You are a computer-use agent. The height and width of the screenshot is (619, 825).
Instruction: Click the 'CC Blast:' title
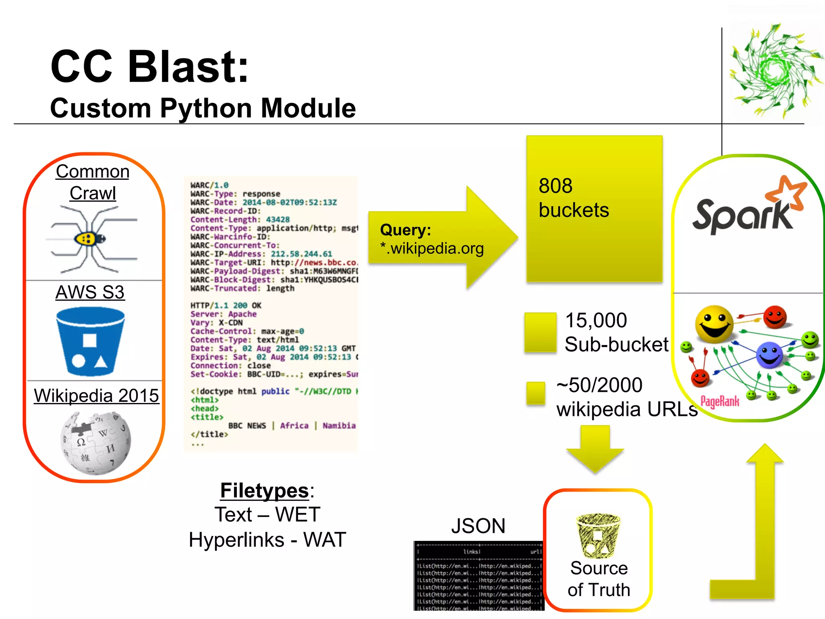(x=149, y=66)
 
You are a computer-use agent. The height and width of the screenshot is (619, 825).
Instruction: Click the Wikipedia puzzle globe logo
(x=96, y=442)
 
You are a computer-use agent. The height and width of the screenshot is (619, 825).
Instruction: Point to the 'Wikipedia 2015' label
(x=96, y=395)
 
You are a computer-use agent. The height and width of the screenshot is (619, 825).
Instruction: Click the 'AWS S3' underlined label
(x=90, y=292)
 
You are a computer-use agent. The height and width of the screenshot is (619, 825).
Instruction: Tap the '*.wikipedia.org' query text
(x=431, y=248)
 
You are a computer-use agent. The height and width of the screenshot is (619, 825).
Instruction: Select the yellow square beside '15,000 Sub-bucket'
(x=540, y=332)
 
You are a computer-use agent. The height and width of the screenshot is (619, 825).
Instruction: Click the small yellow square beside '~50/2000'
(x=535, y=393)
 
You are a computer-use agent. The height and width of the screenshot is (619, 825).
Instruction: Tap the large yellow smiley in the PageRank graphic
(x=714, y=324)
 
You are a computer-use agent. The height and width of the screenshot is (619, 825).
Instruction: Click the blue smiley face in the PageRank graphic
(x=769, y=355)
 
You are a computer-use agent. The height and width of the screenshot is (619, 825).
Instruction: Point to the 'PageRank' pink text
(x=720, y=401)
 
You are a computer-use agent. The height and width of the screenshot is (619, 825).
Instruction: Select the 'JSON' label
(x=478, y=526)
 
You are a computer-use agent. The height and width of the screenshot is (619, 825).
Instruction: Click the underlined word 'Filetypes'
(x=264, y=490)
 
